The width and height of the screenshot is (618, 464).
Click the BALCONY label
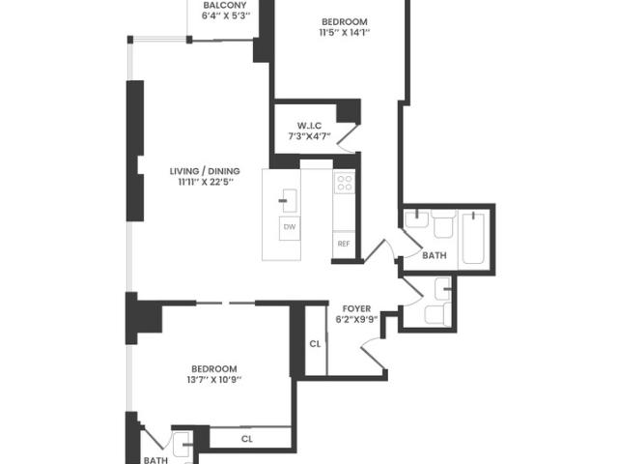tap(225, 6)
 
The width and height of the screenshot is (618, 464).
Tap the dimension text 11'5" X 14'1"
tap(345, 33)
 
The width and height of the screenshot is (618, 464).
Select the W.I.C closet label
tap(309, 126)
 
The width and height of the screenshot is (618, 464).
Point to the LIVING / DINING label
tap(205, 171)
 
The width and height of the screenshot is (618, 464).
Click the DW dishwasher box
tap(290, 227)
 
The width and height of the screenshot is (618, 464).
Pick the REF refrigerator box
tap(344, 245)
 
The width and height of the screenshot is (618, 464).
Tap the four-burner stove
tap(345, 183)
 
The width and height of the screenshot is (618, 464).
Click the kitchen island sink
tap(290, 200)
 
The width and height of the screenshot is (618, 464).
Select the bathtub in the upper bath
tap(473, 239)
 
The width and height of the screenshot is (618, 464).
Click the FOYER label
tap(356, 309)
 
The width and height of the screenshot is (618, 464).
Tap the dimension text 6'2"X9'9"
tap(356, 320)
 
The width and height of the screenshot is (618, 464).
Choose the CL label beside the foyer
tap(315, 344)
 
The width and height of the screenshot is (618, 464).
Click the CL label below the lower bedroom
tap(247, 439)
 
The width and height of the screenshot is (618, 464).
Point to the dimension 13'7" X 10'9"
tap(214, 380)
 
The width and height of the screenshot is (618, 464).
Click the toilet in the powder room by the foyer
tap(437, 314)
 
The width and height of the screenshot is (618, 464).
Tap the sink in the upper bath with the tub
tap(417, 219)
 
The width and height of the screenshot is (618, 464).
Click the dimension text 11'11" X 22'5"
tap(206, 183)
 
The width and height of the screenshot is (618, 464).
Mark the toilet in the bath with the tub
tap(443, 223)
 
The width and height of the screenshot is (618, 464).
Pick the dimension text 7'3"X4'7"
tap(309, 136)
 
